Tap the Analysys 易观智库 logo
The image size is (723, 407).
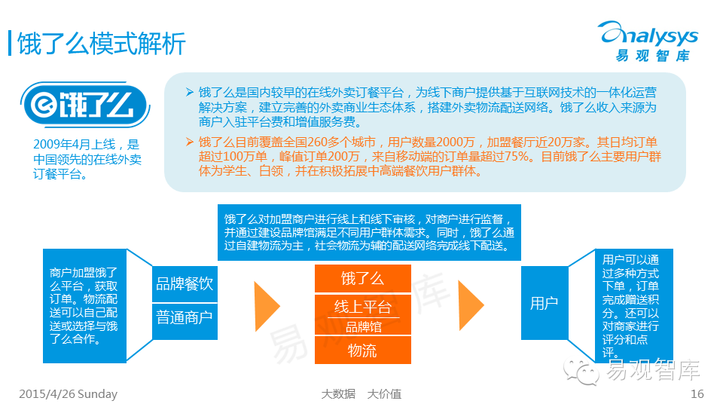pos(648,41)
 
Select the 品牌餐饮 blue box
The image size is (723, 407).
pos(185,284)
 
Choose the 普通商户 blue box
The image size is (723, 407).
pos(185,317)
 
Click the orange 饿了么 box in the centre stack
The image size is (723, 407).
pos(362,279)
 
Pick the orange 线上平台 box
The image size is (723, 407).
pos(362,306)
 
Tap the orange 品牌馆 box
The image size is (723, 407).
pos(362,327)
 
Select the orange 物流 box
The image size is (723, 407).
pos(362,350)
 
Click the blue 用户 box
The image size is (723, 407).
pos(544,303)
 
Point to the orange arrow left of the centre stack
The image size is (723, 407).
pos(267,304)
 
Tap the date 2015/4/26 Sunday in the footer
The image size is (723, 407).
pos(68,394)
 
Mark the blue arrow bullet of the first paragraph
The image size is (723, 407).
pos(189,92)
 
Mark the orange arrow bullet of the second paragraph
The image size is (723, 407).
pos(189,141)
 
